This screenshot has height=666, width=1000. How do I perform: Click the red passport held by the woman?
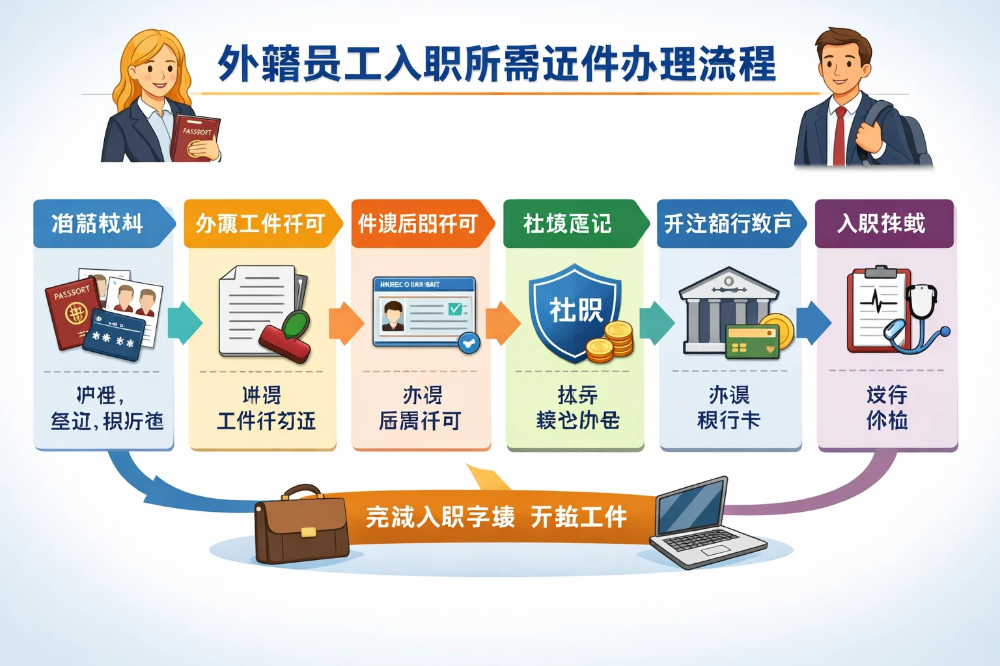(194, 138)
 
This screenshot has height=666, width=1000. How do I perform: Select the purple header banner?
(884, 224)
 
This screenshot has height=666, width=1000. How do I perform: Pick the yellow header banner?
(260, 224)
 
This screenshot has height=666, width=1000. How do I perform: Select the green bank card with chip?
(752, 341)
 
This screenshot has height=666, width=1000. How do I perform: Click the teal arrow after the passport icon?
(185, 323)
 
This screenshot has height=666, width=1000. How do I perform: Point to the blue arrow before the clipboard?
(814, 323)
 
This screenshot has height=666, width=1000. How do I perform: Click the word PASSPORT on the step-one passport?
(72, 293)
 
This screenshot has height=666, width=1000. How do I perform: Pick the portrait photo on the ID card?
(393, 315)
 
